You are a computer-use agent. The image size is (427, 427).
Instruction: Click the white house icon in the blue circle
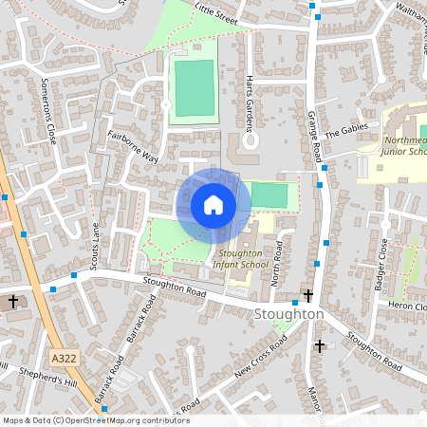[x=213, y=205]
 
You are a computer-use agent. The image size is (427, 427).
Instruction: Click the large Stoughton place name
[x=289, y=314]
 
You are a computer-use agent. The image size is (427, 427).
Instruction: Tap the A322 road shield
[x=64, y=357]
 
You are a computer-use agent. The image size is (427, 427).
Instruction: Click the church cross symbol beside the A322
[x=13, y=301]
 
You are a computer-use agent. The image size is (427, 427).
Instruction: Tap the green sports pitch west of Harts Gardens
[x=195, y=88]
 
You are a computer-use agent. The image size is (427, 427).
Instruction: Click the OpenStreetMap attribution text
[x=95, y=420]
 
